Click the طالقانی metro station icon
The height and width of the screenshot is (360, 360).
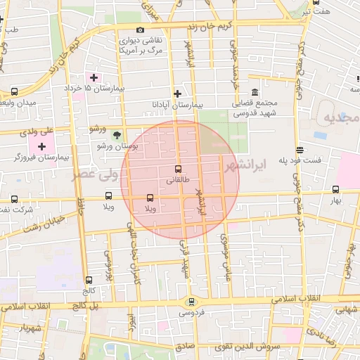pyautogui.click(x=177, y=169)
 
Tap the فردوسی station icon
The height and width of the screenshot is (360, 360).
pyautogui.click(x=190, y=302)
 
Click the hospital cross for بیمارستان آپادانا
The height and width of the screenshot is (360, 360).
pyautogui.click(x=177, y=94)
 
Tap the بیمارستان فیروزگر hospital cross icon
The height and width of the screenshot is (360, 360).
pyautogui.click(x=42, y=146)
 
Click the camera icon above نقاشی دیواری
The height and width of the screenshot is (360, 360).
pyautogui.click(x=141, y=30)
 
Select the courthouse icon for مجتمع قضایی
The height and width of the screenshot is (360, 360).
pyautogui.click(x=253, y=93)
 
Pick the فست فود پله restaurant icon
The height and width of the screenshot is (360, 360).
pyautogui.click(x=300, y=150)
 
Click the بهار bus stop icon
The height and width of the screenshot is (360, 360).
pyautogui.click(x=335, y=189)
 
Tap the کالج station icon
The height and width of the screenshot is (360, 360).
pyautogui.click(x=89, y=280)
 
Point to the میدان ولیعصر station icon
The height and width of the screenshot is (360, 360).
pyautogui.click(x=15, y=91)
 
